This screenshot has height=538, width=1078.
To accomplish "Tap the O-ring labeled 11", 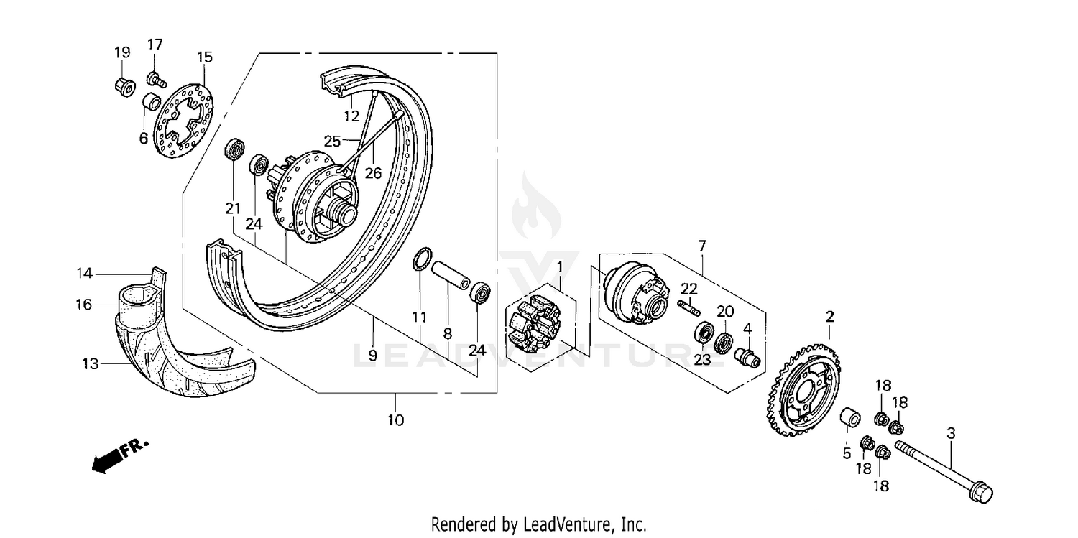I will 423,259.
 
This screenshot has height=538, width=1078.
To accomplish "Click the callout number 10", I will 395,419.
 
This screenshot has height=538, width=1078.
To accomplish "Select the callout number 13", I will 89,364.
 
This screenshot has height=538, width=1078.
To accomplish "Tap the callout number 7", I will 701,246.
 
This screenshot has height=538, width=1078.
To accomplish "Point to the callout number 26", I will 372,172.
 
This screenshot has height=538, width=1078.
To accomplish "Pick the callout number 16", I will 84,305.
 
